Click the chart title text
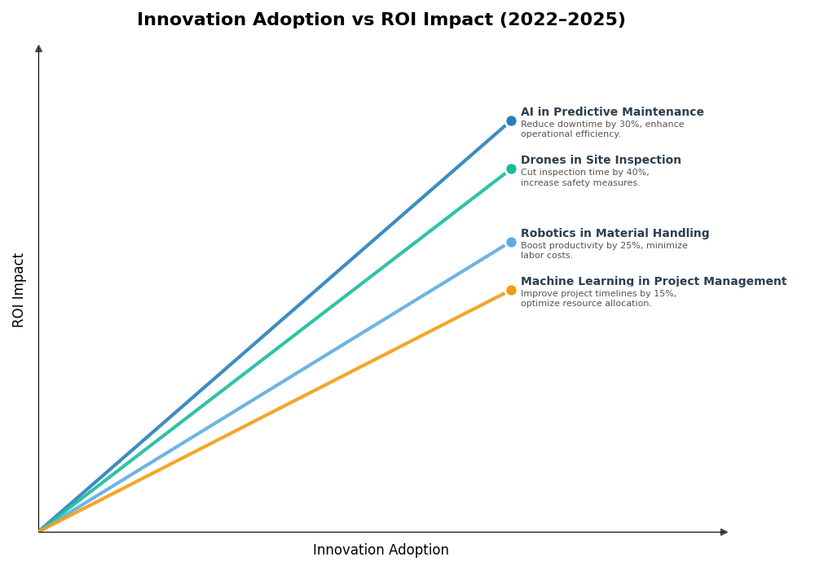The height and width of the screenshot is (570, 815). coord(381,20)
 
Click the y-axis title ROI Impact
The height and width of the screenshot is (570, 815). coord(19,290)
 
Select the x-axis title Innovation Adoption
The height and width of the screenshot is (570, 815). coord(381,550)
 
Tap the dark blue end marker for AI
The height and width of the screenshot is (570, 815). coord(511,121)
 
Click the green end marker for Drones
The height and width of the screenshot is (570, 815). coord(511,169)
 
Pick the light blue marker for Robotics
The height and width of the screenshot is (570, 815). coord(511,243)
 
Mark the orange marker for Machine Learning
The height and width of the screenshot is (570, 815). coord(511,291)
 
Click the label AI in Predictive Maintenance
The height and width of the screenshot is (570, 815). coord(612,112)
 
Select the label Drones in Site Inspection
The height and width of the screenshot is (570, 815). coord(601,160)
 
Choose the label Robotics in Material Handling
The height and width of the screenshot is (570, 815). coord(615,234)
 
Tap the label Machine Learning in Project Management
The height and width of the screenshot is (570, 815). coord(654,282)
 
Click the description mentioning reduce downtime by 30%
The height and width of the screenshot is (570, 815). coord(602,129)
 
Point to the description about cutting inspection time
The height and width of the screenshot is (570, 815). coord(584,178)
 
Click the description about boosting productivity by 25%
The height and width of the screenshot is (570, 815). coord(604,251)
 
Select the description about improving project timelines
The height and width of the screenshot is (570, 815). coord(598,299)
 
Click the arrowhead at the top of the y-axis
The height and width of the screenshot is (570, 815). coord(38,49)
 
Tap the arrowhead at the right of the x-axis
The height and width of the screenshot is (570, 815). coord(724,532)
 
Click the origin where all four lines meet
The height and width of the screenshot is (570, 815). coord(39,531)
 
